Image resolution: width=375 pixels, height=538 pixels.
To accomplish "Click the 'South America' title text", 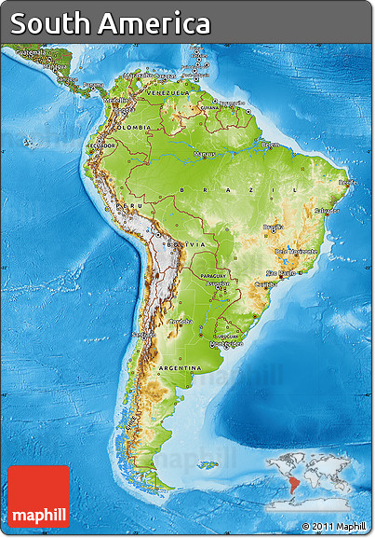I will click(111, 23).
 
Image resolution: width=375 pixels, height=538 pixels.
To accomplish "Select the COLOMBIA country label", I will click(133, 127).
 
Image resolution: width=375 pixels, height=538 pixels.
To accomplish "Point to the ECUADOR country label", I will click(102, 145).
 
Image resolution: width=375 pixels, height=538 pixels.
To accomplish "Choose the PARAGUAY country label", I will click(213, 275).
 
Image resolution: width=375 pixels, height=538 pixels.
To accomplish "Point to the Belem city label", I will click(270, 145).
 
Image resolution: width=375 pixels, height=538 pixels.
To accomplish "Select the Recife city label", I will click(347, 183).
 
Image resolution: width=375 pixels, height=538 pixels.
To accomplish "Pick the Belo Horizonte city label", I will click(296, 251).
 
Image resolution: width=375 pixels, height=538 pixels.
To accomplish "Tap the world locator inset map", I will click(315, 479).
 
